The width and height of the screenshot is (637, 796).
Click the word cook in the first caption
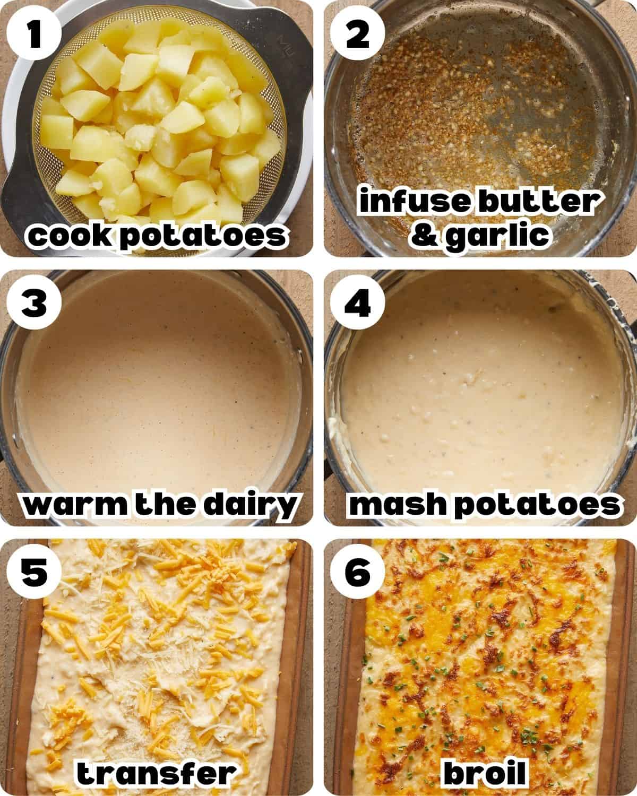pos(70,236)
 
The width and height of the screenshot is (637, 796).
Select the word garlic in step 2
pos(497,234)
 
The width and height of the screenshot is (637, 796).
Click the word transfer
pos(157,774)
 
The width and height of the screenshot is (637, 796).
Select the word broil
pos(484,774)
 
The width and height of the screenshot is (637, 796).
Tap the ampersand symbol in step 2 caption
pos(425,234)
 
